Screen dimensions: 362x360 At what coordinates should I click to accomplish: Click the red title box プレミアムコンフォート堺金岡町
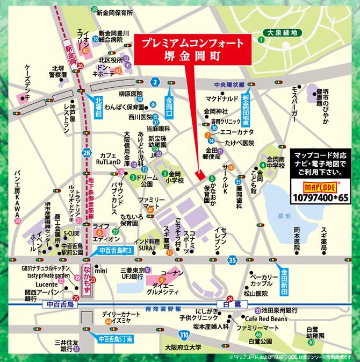[x=188, y=49]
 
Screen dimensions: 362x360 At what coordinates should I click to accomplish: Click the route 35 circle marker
[x=232, y=260]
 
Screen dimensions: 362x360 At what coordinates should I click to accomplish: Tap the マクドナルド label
[x=222, y=99]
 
